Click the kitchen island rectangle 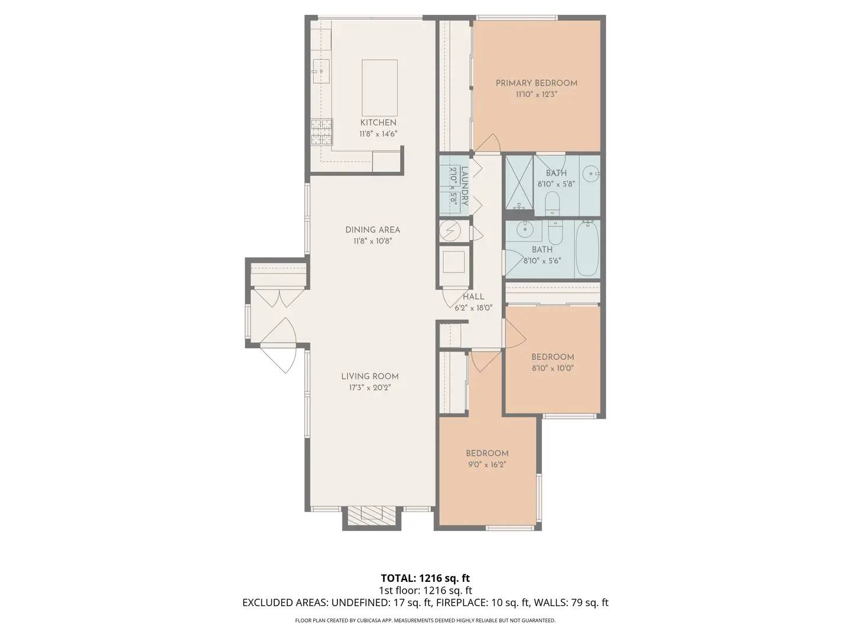click(379, 87)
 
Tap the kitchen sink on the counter click(320, 71)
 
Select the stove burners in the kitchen click(321, 132)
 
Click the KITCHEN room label click(378, 122)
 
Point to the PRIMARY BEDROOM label click(536, 83)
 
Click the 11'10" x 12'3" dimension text click(536, 94)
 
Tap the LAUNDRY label click(465, 186)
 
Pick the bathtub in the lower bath click(587, 249)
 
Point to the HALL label click(473, 297)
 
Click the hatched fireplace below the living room click(372, 515)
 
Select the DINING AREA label click(372, 230)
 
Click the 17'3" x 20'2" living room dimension click(370, 388)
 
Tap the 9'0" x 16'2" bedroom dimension click(487, 464)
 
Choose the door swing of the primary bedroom click(490, 142)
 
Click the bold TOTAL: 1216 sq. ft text click(425, 578)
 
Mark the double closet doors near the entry click(277, 298)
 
